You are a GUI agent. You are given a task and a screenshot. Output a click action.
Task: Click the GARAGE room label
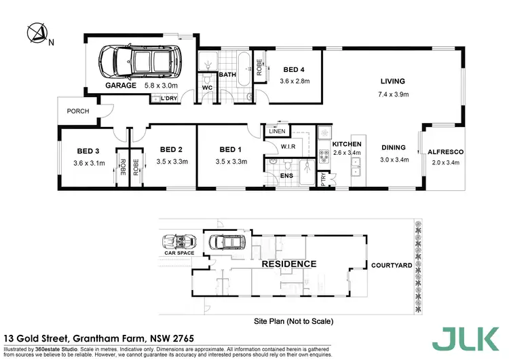(121, 86)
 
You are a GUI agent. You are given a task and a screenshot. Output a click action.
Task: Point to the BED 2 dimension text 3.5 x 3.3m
(171, 162)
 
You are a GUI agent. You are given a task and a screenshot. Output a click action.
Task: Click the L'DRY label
(162, 98)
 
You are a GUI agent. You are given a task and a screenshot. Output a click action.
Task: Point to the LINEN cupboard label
(276, 131)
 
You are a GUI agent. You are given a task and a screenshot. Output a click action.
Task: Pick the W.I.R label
(288, 146)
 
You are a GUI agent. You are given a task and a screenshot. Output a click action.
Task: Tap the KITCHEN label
(347, 144)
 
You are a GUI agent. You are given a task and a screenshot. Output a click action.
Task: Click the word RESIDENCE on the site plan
(289, 264)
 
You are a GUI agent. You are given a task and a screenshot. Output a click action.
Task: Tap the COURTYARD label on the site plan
(391, 265)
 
